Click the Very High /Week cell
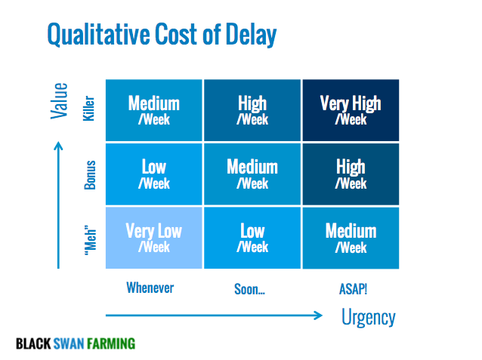pos(351,110)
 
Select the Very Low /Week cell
pos(153,238)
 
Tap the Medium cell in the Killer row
pos(153,110)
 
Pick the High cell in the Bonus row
pos(351,174)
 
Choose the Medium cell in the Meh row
pos(351,238)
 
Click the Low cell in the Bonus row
pos(153,174)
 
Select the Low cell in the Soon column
pos(252,238)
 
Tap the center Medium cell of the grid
pos(252,174)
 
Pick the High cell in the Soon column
pos(252,110)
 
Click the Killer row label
pos(89,109)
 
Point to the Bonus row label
pos(90,175)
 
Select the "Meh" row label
pos(91,241)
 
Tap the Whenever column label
pos(150,288)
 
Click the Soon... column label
pos(249,289)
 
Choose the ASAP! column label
pos(353,289)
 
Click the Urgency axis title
pos(368,318)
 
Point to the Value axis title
pos(59,100)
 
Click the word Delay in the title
pos(251,35)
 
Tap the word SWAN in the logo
pos(68,343)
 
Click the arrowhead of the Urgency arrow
pos(319,315)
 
